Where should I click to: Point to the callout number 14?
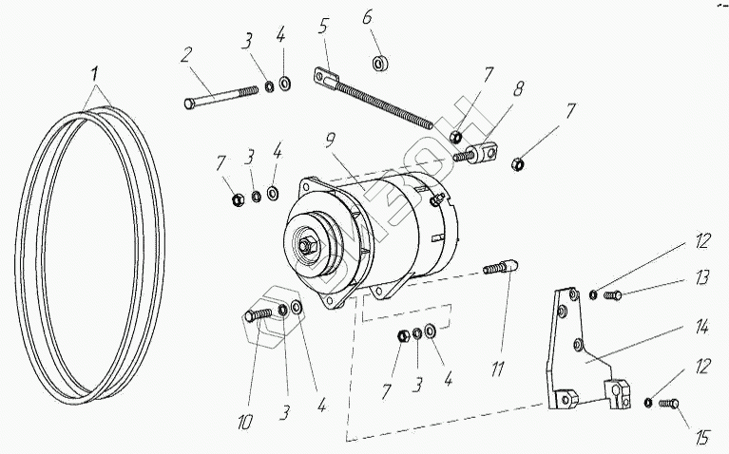701,329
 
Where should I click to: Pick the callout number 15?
701,438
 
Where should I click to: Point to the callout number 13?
702,278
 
